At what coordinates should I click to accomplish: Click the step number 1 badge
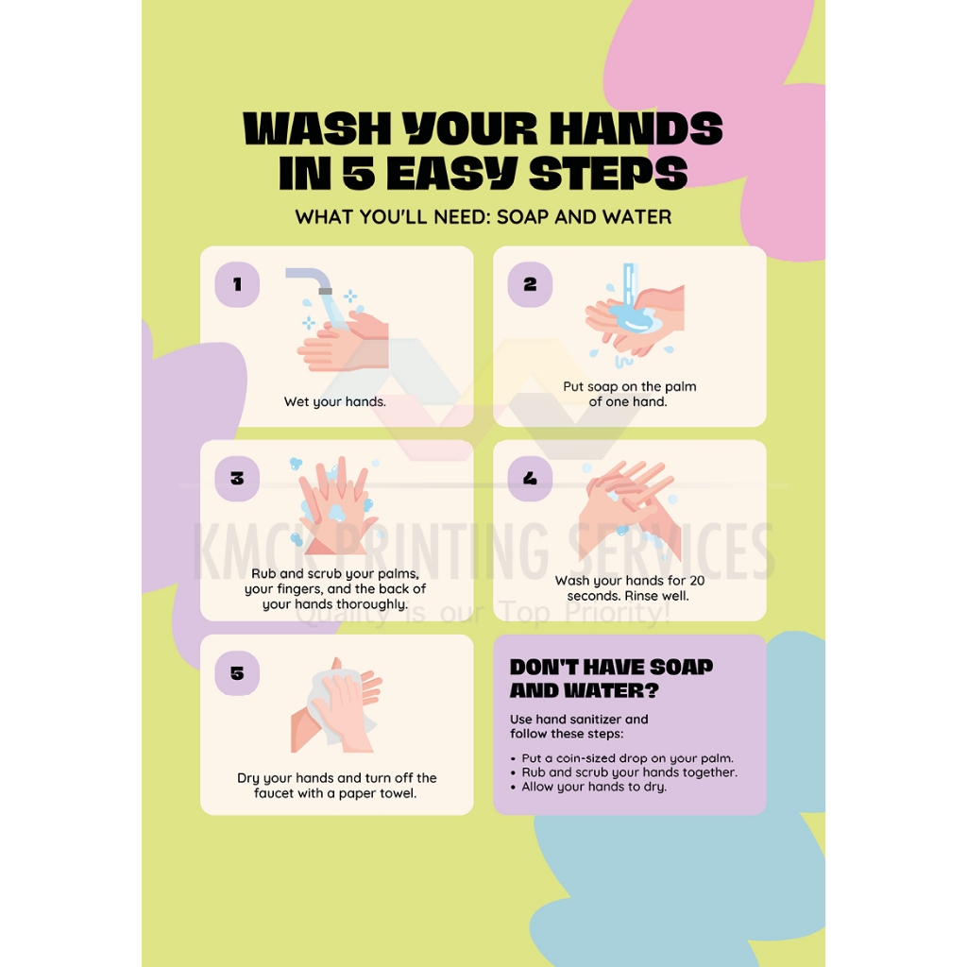(237, 284)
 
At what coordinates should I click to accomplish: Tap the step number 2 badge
(530, 284)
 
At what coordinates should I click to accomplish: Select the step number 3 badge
(237, 479)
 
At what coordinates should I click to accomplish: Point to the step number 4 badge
(530, 479)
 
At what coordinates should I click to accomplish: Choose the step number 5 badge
(237, 672)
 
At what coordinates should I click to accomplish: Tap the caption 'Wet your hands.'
(335, 402)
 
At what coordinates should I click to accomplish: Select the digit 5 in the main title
(359, 173)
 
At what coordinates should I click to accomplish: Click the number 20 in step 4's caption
(697, 581)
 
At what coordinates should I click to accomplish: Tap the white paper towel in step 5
(336, 706)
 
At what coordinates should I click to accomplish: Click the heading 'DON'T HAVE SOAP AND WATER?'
(611, 678)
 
